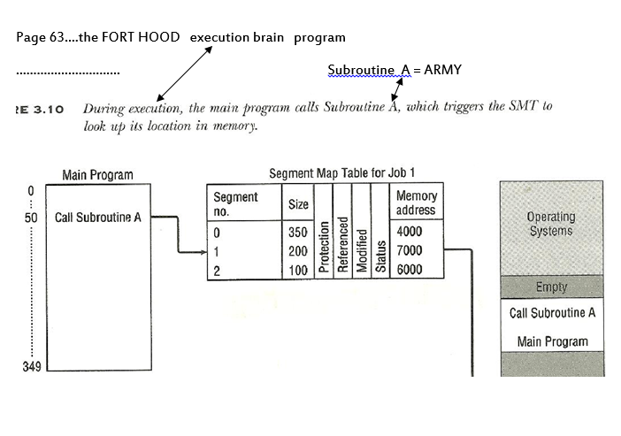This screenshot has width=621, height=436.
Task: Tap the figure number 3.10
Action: (48, 109)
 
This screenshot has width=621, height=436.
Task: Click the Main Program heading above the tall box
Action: (97, 175)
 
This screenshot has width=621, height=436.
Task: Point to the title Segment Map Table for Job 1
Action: (341, 172)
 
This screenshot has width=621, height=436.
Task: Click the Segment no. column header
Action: (235, 204)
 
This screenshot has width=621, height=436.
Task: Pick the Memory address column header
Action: (415, 203)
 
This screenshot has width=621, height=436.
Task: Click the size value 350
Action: (299, 232)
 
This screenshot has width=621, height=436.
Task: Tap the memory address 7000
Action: (410, 251)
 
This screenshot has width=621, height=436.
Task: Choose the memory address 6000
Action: (410, 270)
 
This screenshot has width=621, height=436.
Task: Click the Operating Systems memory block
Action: (551, 224)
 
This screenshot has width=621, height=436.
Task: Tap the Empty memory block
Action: (551, 287)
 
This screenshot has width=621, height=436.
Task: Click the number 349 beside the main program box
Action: (33, 366)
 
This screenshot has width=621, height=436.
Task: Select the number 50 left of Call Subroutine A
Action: (31, 218)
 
